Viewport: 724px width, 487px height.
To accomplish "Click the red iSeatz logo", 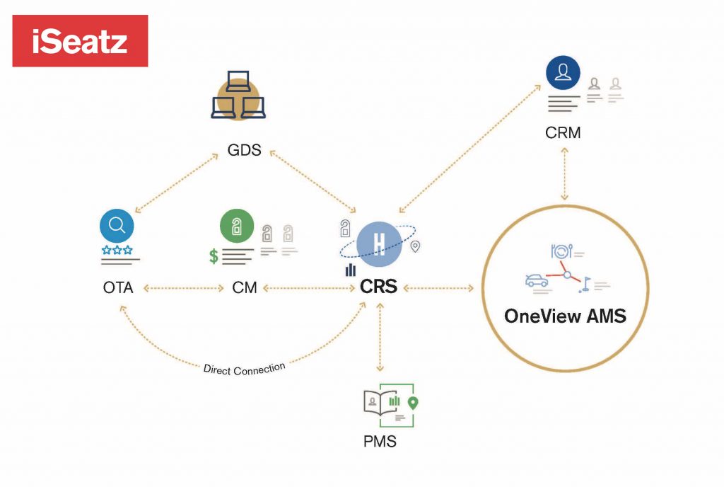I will click(x=80, y=41).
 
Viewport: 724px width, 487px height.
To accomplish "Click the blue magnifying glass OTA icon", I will click(x=117, y=226).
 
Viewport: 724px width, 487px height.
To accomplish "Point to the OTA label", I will click(x=119, y=288).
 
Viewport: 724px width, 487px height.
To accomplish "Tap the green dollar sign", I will click(x=214, y=256).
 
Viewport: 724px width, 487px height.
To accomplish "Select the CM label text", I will click(x=244, y=288).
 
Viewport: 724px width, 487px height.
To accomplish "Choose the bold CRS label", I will click(x=379, y=287).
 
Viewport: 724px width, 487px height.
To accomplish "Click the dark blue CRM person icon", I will click(x=563, y=72).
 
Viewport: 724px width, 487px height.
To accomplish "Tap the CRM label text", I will click(x=563, y=132).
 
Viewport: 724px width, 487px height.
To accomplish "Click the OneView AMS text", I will click(x=565, y=316).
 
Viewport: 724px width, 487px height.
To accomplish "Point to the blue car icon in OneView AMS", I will click(x=537, y=281).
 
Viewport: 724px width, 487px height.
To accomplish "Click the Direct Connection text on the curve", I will click(x=244, y=367).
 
